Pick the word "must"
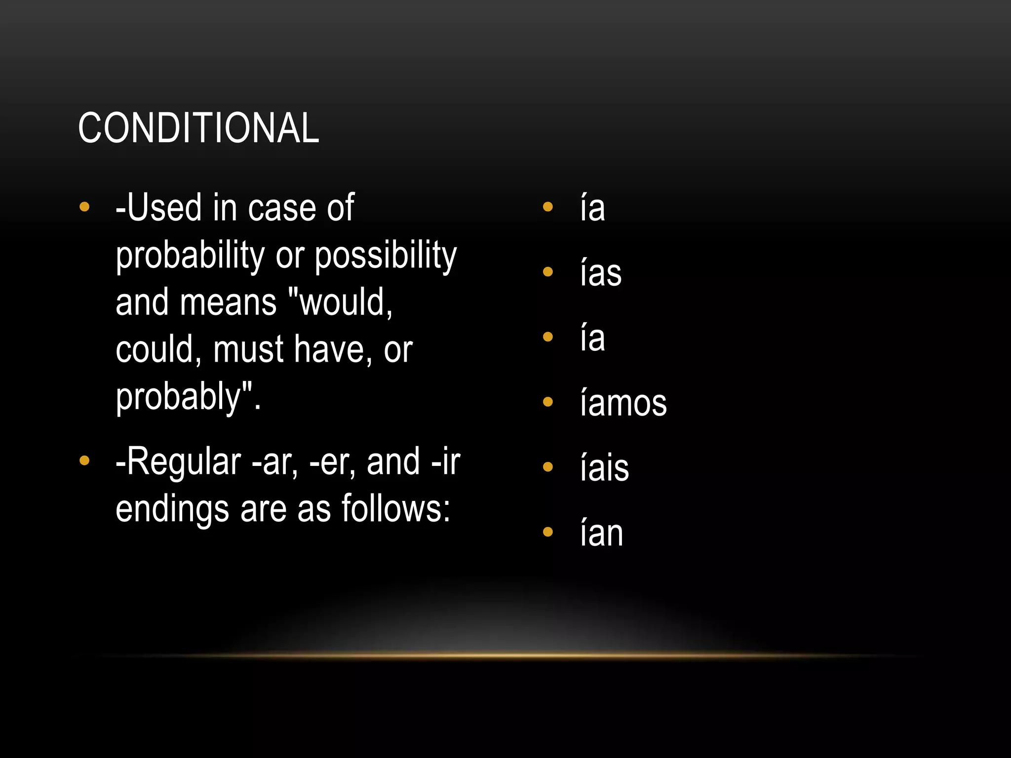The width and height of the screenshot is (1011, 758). [248, 349]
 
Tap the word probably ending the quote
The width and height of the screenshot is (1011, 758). [178, 397]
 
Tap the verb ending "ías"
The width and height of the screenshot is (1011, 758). [601, 273]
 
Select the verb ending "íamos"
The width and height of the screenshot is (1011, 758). [623, 403]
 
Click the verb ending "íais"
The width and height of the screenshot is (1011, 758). [605, 467]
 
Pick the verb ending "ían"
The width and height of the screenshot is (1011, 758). [602, 532]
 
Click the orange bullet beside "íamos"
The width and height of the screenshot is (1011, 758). [547, 402]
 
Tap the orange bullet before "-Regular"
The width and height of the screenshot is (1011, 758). [84, 460]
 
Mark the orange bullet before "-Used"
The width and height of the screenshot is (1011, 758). [84, 207]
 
